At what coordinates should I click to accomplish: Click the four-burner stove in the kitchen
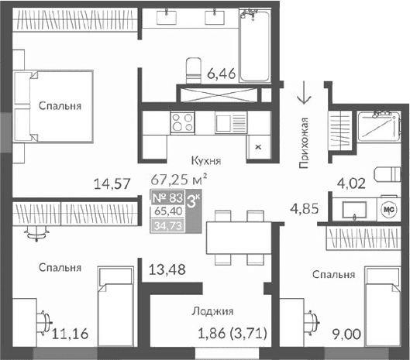click(183, 122)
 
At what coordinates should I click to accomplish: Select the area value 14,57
click(109, 184)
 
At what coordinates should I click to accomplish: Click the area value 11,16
click(70, 334)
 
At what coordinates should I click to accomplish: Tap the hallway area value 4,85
click(305, 208)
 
